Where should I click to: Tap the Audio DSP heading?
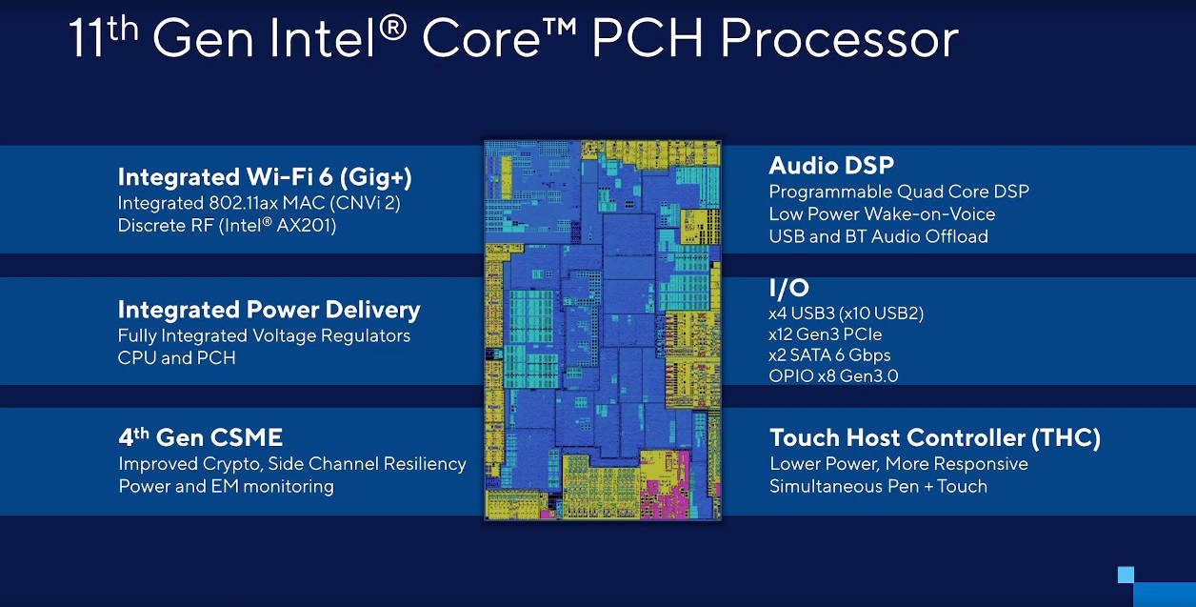point(831,166)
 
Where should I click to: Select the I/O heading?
point(788,288)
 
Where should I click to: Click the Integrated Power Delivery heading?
point(269,310)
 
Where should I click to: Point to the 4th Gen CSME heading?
point(200,438)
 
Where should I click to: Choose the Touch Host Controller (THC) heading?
point(934,438)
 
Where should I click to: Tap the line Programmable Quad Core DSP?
point(898,192)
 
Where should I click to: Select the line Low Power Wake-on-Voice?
point(882,213)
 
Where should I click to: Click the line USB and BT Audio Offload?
point(878,236)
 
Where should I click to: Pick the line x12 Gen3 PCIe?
point(825,334)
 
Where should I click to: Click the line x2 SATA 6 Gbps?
point(829,355)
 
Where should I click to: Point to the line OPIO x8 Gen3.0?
point(833,376)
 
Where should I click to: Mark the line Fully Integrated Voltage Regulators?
point(264,336)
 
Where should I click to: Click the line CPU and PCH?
point(176,358)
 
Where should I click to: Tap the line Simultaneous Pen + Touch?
point(878,486)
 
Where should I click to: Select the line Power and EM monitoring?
point(226,486)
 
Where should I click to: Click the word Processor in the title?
point(839,40)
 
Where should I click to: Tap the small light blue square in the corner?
point(1126,574)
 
